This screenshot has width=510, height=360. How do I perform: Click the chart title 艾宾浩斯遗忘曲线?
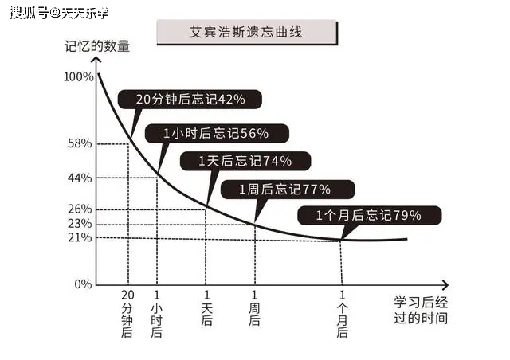pos(246,32)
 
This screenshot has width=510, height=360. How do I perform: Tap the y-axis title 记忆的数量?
pos(97,46)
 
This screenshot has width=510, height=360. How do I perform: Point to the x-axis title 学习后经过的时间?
pos(421,311)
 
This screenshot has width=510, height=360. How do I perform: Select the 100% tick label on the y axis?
pos(79,77)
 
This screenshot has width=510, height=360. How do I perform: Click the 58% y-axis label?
pos(80,143)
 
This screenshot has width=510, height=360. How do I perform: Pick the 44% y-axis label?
pos(80,178)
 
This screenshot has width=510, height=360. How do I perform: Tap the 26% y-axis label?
pos(80,209)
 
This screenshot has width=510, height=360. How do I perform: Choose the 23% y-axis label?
pos(80,224)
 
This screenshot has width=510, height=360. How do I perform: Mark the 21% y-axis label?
pos(80,237)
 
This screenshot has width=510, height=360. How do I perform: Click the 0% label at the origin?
pos(83,284)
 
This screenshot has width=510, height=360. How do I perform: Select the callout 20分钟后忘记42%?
pos(190,100)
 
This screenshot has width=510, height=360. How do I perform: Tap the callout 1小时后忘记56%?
pos(217,133)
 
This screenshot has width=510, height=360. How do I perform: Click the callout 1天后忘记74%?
pos(245,161)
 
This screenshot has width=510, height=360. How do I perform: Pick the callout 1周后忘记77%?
pos(288,190)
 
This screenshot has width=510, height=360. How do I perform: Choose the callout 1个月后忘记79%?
pos(370,215)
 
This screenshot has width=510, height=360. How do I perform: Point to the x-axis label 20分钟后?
pos(127,314)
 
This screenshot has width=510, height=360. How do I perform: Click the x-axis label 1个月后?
pos(342,314)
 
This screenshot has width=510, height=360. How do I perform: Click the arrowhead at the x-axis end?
pos(445,285)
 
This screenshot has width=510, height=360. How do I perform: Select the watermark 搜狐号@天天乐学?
pos(59,13)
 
